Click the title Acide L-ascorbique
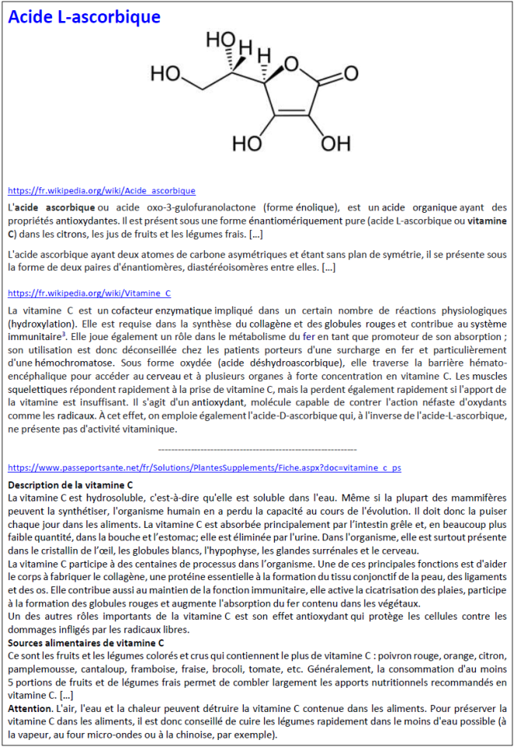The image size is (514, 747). click(x=84, y=17)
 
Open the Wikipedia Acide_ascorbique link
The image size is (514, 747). click(x=101, y=190)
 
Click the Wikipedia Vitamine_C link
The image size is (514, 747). click(x=89, y=293)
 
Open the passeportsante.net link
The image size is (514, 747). click(x=204, y=467)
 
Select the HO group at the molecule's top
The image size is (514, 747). click(x=220, y=38)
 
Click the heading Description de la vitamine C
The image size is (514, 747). click(x=70, y=484)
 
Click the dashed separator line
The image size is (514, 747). click(x=257, y=450)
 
